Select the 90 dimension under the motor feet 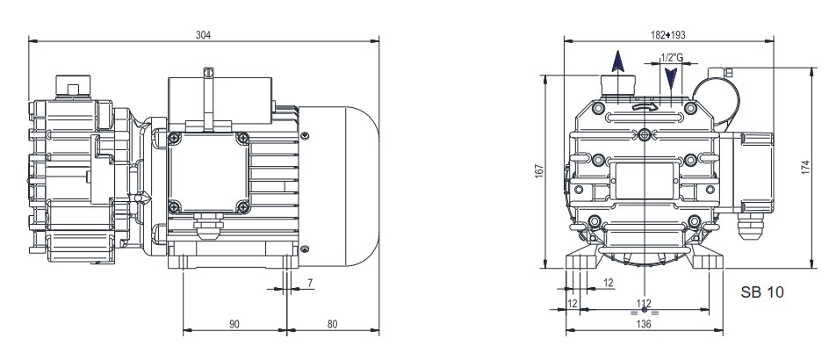pyautogui.click(x=234, y=324)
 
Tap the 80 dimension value pyautogui.click(x=333, y=324)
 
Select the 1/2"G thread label pyautogui.click(x=671, y=58)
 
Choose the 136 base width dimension pyautogui.click(x=645, y=324)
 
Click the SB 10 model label pyautogui.click(x=760, y=291)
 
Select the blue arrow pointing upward pyautogui.click(x=617, y=61)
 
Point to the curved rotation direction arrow pyautogui.click(x=645, y=107)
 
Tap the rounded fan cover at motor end pyautogui.click(x=351, y=184)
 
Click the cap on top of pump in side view pyautogui.click(x=67, y=84)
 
